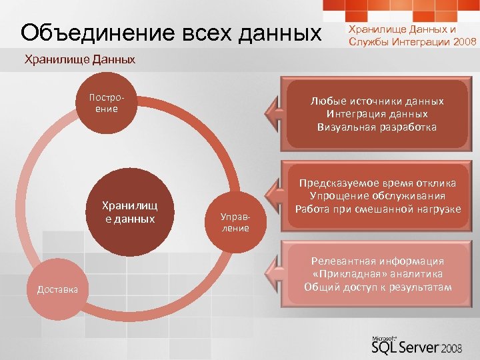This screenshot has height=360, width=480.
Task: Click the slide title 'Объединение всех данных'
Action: click(171, 33)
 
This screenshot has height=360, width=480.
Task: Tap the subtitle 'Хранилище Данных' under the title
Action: click(79, 60)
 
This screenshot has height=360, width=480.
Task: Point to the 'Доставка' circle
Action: click(57, 289)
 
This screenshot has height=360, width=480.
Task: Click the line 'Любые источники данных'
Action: click(377, 101)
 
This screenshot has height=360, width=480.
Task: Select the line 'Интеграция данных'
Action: click(377, 114)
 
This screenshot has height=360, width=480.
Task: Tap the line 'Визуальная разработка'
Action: click(377, 127)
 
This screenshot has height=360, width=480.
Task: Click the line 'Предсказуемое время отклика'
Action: click(377, 183)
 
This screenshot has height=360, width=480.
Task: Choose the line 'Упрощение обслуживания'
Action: click(377, 195)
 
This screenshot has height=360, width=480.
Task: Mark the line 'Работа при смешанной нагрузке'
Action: click(377, 209)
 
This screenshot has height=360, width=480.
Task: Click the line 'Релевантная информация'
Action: click(377, 261)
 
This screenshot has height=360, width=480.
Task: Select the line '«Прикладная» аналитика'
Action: click(377, 274)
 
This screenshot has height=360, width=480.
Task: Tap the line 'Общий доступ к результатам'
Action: click(377, 287)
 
